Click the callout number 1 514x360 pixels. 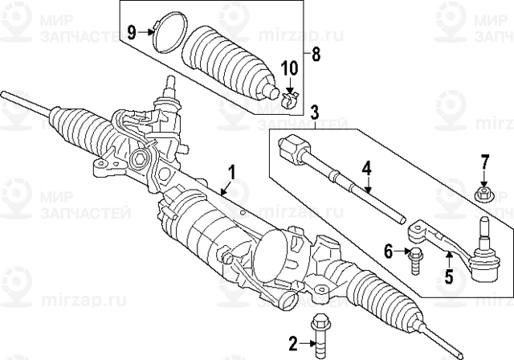[x=232, y=171]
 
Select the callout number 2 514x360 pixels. [x=293, y=346]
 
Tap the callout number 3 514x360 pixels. [x=314, y=112]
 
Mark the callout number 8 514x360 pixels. [x=316, y=55]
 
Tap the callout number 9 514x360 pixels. [x=132, y=32]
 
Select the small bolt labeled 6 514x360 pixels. [x=415, y=261]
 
